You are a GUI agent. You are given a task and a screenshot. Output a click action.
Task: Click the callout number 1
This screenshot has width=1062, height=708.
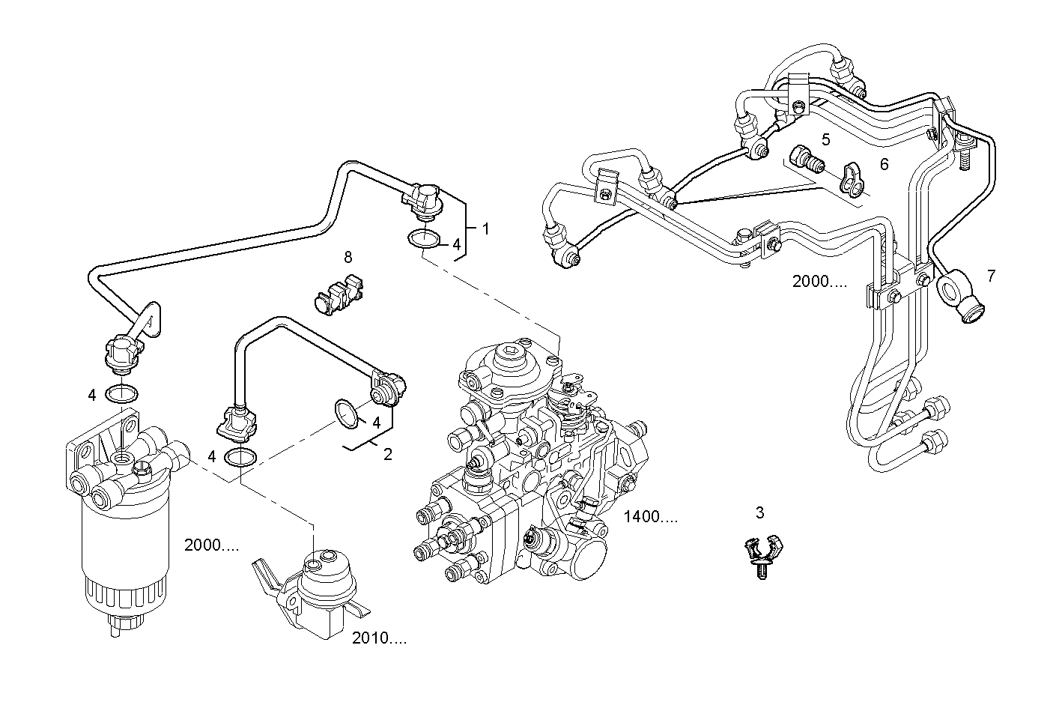(x=485, y=229)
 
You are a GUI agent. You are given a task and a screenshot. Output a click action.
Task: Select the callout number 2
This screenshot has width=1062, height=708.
(x=387, y=454)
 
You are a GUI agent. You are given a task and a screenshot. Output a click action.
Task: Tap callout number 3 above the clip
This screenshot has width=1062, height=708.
(x=759, y=513)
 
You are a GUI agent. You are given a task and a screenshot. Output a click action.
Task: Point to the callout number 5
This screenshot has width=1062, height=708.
(x=825, y=139)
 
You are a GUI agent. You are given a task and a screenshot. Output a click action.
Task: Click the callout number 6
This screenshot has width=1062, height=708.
(x=884, y=164)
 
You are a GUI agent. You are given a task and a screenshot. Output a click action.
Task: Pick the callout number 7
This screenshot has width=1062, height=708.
(x=991, y=276)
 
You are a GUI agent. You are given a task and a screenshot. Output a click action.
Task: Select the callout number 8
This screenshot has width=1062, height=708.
(x=348, y=258)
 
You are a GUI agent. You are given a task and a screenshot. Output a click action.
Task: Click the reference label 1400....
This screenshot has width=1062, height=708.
(x=651, y=516)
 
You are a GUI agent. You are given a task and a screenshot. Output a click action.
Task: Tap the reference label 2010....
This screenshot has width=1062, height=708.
(x=379, y=639)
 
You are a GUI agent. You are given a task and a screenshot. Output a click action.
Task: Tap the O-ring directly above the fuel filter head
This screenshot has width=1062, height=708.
(x=121, y=393)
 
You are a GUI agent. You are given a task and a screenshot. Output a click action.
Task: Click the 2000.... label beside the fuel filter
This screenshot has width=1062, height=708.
(x=211, y=545)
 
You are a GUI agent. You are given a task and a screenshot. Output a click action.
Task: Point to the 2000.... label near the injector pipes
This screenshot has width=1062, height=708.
(x=819, y=281)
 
